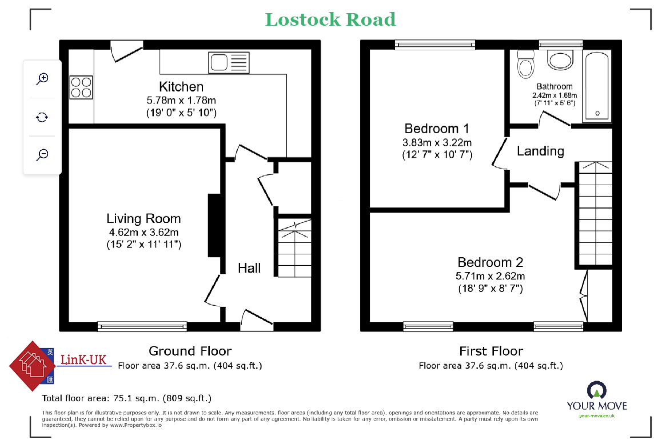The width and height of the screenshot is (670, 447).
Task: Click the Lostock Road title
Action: [330, 19]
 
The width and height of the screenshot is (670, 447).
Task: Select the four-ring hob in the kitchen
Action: [81, 87]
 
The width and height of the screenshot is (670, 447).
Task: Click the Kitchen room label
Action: [181, 87]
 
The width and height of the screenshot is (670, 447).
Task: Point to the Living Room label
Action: [143, 218]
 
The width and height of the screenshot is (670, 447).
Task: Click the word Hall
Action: [249, 268]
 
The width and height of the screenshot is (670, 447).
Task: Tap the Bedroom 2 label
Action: [490, 262]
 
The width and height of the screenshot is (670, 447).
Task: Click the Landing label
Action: [540, 151]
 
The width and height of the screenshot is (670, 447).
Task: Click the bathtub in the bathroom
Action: [597, 86]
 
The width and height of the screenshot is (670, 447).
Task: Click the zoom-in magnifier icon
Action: [42, 78]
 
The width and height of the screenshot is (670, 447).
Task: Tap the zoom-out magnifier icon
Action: [42, 154]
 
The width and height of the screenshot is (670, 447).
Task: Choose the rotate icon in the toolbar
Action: [42, 117]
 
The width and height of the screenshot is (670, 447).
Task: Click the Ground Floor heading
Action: [190, 351]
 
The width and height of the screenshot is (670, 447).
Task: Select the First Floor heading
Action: [491, 351]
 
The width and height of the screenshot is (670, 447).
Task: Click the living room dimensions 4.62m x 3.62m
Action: [143, 232]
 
